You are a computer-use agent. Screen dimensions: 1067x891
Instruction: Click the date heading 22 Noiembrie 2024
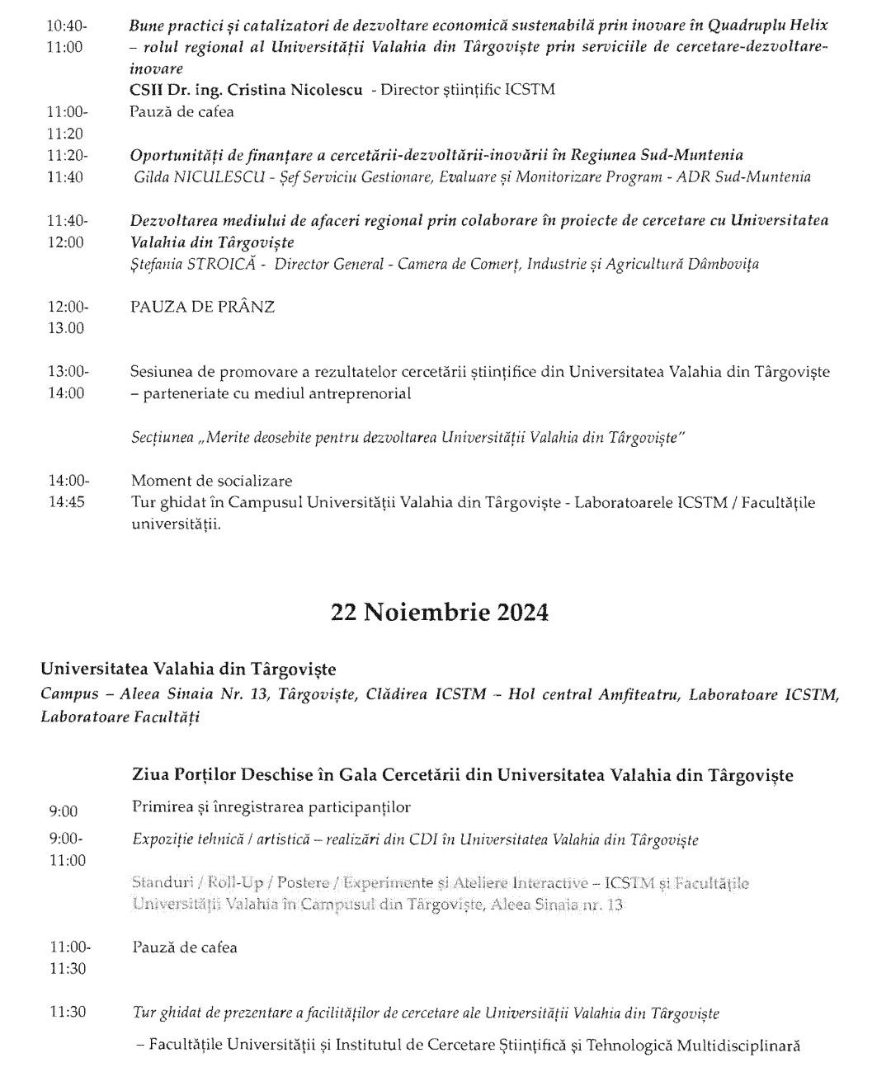click(439, 613)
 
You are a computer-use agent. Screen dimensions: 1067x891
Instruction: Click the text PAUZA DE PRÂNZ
click(202, 307)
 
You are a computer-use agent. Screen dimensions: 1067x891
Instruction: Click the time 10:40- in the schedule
click(67, 26)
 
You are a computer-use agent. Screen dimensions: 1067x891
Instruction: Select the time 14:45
click(66, 502)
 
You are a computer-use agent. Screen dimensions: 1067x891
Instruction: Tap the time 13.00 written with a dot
click(65, 328)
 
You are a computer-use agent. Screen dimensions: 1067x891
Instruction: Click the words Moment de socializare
click(211, 481)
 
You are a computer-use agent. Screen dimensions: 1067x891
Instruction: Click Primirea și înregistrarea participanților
click(271, 806)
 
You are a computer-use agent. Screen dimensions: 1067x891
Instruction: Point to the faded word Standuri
click(158, 883)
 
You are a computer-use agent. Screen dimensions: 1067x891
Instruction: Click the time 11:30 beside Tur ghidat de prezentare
click(67, 1012)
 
